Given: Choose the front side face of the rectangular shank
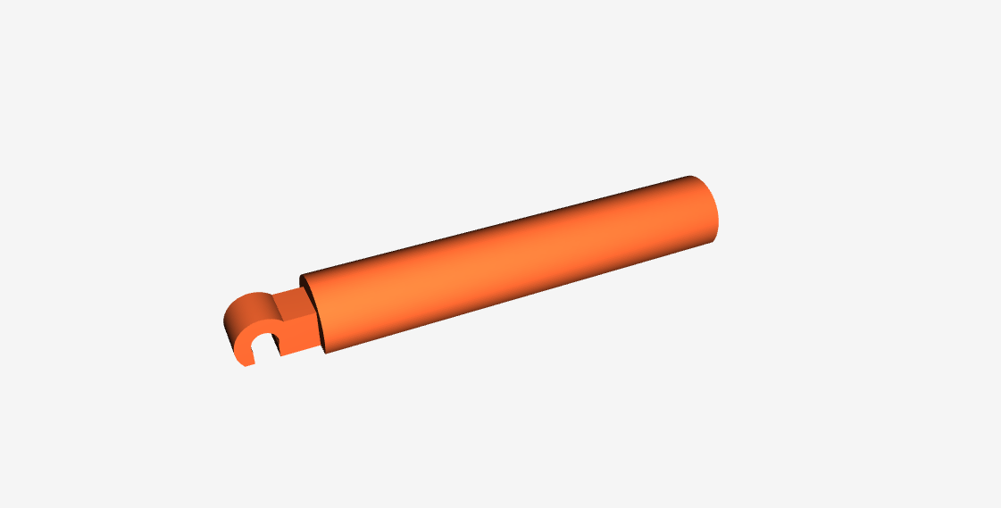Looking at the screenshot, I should [x=298, y=331].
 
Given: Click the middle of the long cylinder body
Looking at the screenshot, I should [x=509, y=264].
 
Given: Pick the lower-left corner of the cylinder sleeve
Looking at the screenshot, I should [x=327, y=352].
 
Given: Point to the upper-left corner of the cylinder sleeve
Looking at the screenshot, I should [x=300, y=276].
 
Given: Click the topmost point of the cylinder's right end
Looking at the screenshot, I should [x=690, y=176].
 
